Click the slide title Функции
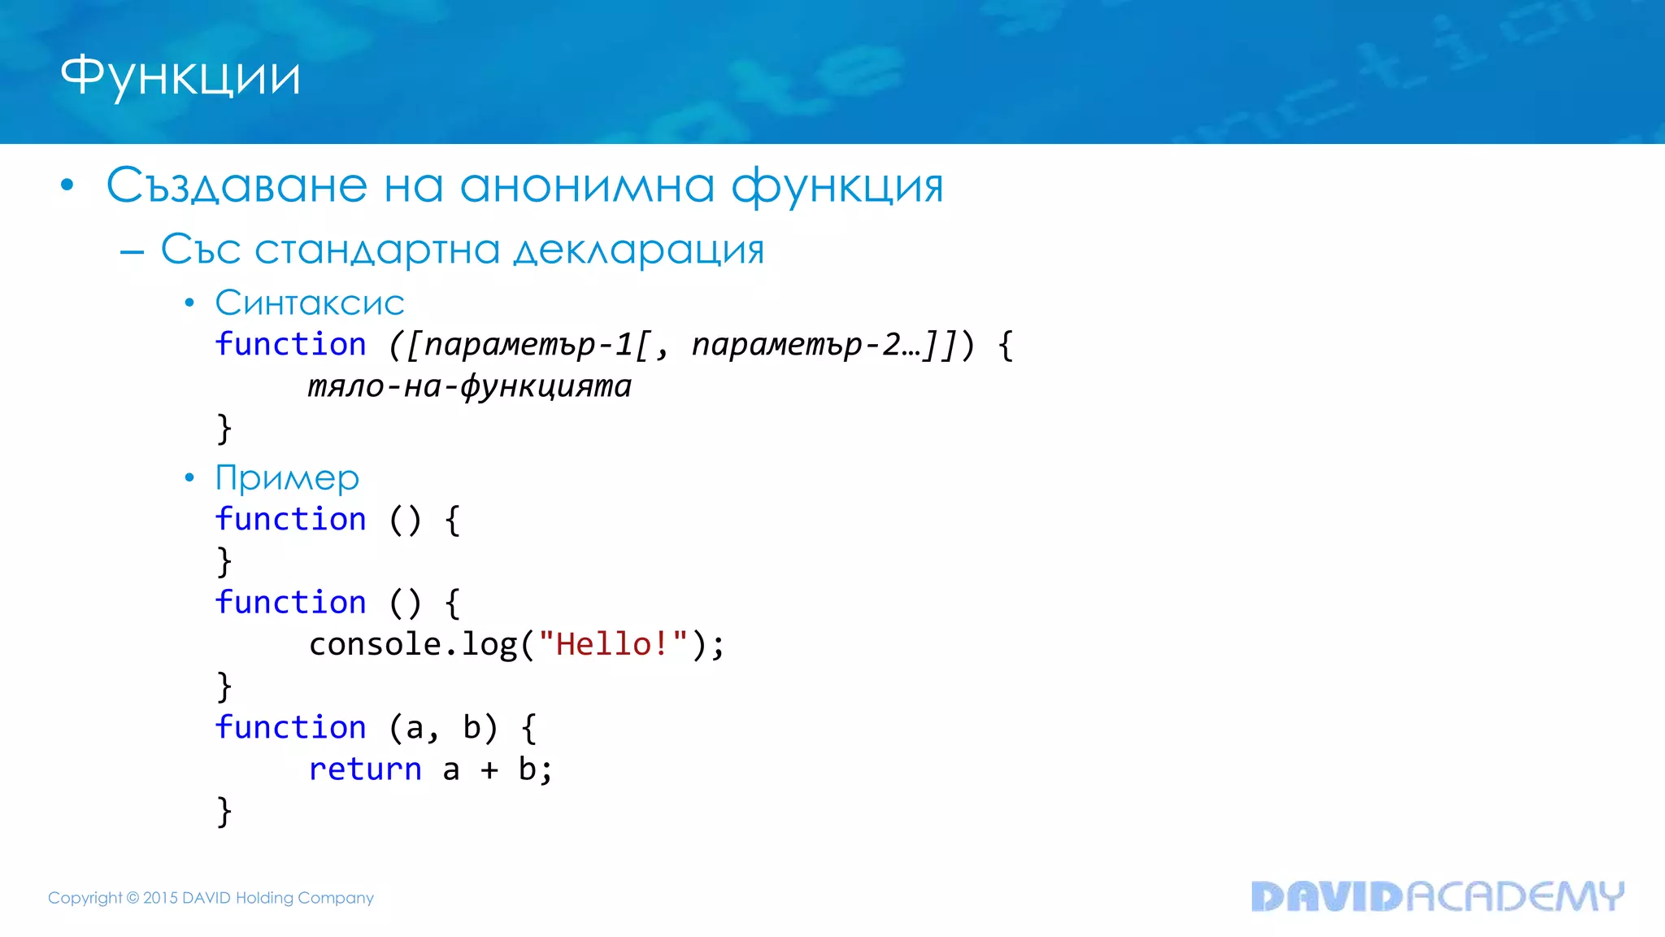pos(180,77)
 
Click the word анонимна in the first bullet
pos(587,185)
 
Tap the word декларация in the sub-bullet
pos(639,250)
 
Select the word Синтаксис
pos(310,303)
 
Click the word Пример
pos(287,478)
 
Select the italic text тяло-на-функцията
pos(470,386)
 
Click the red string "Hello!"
pos(613,644)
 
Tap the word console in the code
pos(375,644)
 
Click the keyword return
pos(365,769)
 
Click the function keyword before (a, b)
pos(290,727)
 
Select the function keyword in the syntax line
pos(290,345)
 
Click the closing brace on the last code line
pos(224,812)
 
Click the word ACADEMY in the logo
pos(1515,896)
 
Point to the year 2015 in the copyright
pos(160,898)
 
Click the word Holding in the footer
pos(264,898)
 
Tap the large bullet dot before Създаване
pos(67,185)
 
